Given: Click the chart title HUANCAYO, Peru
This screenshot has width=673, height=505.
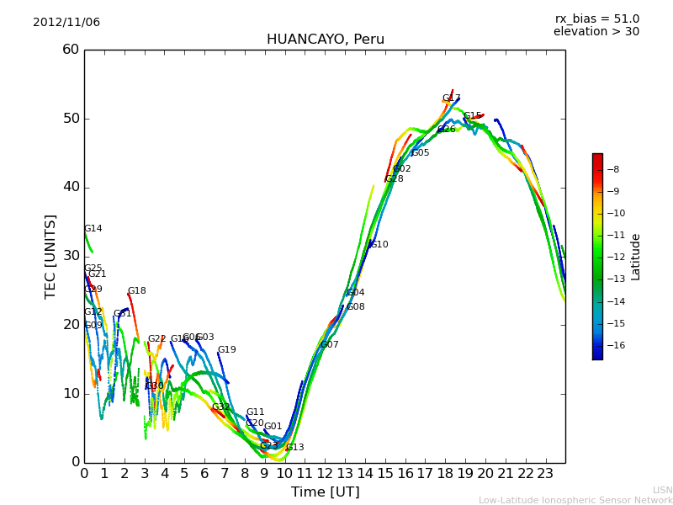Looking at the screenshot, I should pyautogui.click(x=325, y=40).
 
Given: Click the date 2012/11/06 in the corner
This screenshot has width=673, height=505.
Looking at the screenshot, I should pyautogui.click(x=66, y=23).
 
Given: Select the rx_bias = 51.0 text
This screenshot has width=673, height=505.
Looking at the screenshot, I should pyautogui.click(x=596, y=19).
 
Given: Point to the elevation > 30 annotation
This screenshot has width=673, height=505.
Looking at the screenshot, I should pyautogui.click(x=596, y=32).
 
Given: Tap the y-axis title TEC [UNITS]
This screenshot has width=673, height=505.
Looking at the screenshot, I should pyautogui.click(x=51, y=256).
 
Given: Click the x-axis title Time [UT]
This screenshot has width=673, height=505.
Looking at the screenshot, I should pyautogui.click(x=325, y=492).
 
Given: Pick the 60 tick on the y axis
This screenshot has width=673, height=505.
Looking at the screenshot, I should pyautogui.click(x=71, y=50).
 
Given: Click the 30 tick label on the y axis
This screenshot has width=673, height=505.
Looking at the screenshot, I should pyautogui.click(x=71, y=256).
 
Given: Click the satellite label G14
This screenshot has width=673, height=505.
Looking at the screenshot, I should pyautogui.click(x=93, y=229).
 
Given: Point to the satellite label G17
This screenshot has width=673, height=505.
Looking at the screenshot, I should pyautogui.click(x=451, y=98).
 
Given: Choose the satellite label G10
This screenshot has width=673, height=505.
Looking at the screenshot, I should pyautogui.click(x=379, y=245).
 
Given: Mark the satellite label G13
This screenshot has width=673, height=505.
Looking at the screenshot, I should pyautogui.click(x=294, y=448).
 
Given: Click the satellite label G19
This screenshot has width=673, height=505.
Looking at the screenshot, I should pyautogui.click(x=226, y=350).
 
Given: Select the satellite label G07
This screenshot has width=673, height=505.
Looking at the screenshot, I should pyautogui.click(x=329, y=345).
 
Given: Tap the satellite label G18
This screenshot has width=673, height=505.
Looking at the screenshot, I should pyautogui.click(x=136, y=291).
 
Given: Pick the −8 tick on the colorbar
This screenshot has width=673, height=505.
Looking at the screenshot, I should pyautogui.click(x=612, y=169).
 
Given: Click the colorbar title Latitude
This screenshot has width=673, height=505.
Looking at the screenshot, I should pyautogui.click(x=636, y=257).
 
